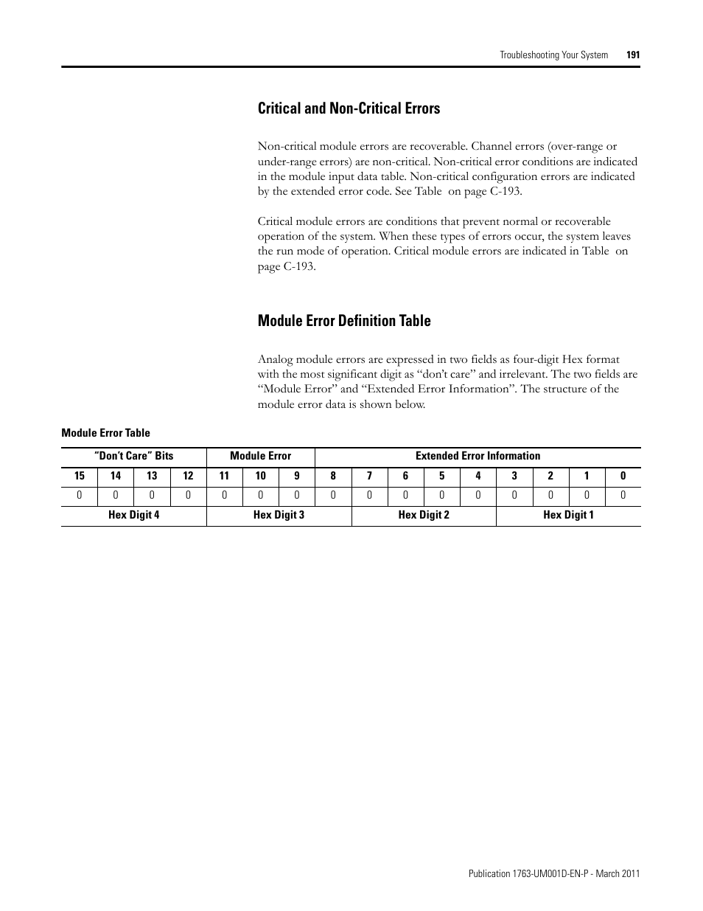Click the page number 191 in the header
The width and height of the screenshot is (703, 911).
click(x=632, y=55)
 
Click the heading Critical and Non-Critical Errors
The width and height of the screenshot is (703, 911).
click(x=349, y=108)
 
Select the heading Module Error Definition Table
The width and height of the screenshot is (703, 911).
click(x=344, y=321)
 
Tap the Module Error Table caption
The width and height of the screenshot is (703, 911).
click(x=105, y=433)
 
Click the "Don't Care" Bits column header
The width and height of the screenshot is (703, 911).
click(x=133, y=456)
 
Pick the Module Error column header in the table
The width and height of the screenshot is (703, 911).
click(x=260, y=456)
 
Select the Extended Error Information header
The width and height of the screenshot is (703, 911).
click(x=478, y=456)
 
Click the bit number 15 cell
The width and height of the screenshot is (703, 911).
click(x=80, y=477)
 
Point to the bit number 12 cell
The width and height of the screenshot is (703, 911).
click(x=188, y=477)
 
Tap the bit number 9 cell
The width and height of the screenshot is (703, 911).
click(x=297, y=477)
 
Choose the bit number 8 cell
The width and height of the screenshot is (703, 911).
click(x=333, y=477)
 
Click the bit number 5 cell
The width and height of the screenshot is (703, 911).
click(x=441, y=477)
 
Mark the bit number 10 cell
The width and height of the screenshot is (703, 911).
click(x=260, y=477)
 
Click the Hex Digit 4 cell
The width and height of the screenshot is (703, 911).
click(x=133, y=515)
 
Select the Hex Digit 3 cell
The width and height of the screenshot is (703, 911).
click(x=279, y=515)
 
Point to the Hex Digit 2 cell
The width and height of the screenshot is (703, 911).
click(x=424, y=515)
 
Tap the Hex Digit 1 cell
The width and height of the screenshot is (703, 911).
click(x=568, y=515)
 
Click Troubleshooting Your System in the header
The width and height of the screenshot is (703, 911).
click(x=554, y=55)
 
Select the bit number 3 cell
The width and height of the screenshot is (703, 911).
click(x=514, y=477)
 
